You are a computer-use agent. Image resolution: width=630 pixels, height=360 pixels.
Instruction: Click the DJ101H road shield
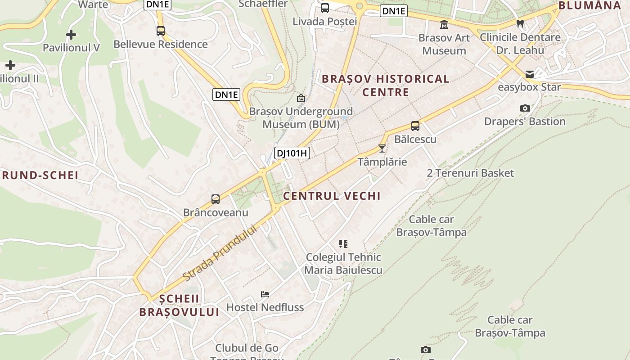coord(292,153)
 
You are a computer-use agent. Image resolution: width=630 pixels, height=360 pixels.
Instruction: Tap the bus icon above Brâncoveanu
coord(216,199)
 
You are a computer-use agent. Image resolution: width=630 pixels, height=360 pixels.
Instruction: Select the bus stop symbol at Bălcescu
coord(415,126)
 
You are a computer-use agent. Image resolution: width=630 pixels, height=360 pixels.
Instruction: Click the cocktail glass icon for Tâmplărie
coord(382,148)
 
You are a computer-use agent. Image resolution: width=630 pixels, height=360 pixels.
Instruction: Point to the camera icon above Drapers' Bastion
coord(525,108)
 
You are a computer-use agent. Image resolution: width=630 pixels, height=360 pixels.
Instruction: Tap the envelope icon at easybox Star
coord(529,74)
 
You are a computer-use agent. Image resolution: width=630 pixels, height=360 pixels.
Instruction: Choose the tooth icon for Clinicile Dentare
coord(520,23)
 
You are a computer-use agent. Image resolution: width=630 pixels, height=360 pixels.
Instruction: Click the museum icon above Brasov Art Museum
coord(444,24)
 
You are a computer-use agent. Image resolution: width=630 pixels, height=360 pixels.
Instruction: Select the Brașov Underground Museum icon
coord(301,98)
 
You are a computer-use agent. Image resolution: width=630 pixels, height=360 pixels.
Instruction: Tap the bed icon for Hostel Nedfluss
coord(265,294)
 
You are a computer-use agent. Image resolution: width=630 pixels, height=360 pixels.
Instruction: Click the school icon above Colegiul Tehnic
coord(343,244)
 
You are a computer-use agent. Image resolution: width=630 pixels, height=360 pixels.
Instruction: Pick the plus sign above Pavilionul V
coord(71,34)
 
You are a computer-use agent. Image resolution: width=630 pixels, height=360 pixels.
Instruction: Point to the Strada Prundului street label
coord(220,253)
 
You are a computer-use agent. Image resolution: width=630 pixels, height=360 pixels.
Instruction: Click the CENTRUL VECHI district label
coord(332,196)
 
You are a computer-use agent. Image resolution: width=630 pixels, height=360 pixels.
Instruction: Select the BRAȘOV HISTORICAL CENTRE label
coord(386,85)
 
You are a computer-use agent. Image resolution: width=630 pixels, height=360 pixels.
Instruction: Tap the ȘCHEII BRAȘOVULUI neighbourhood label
coord(179,306)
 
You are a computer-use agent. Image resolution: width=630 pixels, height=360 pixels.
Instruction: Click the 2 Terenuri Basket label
coord(470,173)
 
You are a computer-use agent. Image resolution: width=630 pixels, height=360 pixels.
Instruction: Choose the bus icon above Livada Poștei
coord(325,8)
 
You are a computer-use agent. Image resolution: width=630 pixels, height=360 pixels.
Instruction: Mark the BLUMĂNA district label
coord(589,5)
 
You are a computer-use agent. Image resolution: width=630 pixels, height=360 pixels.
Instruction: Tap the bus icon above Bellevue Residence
coord(161,31)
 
